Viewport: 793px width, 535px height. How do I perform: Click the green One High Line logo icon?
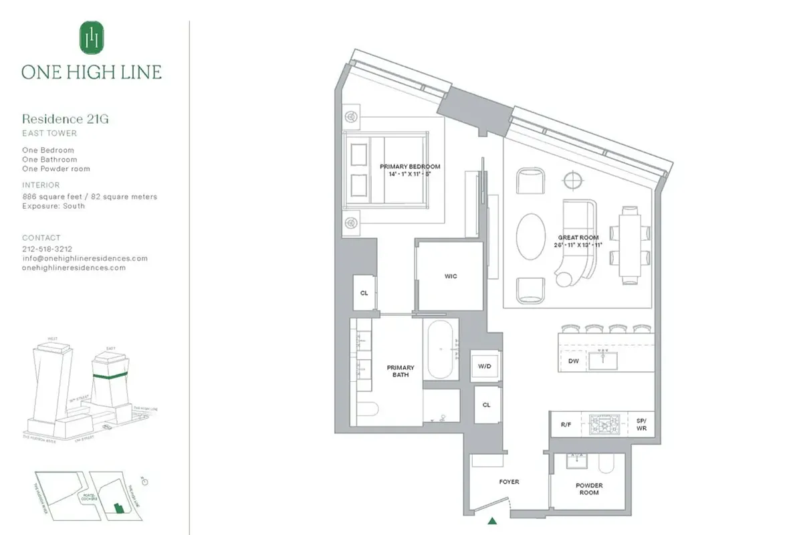pyautogui.click(x=91, y=37)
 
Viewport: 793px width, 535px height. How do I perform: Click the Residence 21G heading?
pyautogui.click(x=65, y=119)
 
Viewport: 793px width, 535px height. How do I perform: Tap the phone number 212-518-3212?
pyautogui.click(x=47, y=248)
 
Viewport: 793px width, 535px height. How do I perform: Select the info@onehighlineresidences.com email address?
pyautogui.click(x=85, y=258)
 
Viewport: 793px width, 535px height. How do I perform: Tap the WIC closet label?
pyautogui.click(x=451, y=276)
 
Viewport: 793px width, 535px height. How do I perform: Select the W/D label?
pyautogui.click(x=485, y=366)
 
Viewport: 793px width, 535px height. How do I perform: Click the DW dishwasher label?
pyautogui.click(x=573, y=361)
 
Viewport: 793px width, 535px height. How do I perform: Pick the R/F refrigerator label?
pyautogui.click(x=565, y=423)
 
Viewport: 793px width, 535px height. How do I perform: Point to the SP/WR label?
pyautogui.click(x=641, y=424)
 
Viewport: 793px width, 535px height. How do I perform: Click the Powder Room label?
pyautogui.click(x=590, y=489)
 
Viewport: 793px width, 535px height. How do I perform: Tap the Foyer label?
pyautogui.click(x=509, y=481)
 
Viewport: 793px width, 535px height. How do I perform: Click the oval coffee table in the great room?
pyautogui.click(x=531, y=237)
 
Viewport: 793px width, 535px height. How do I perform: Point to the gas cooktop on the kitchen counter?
pyautogui.click(x=604, y=423)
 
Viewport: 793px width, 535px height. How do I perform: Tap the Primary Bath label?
pyautogui.click(x=401, y=371)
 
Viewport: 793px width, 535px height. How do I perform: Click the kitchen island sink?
pyautogui.click(x=606, y=360)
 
